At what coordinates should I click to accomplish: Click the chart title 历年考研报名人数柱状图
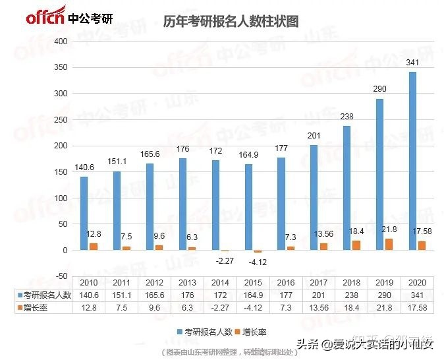231,21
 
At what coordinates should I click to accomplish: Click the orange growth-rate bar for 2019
388,245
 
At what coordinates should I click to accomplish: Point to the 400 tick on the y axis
61,42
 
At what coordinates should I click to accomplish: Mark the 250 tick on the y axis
61,120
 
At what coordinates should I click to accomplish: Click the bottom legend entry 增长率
254,332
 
